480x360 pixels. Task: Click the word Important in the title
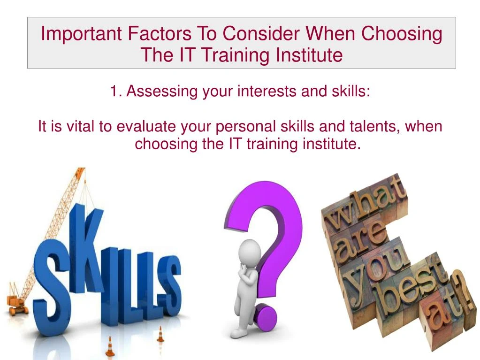click(x=76, y=34)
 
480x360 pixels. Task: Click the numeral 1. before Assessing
click(x=116, y=91)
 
